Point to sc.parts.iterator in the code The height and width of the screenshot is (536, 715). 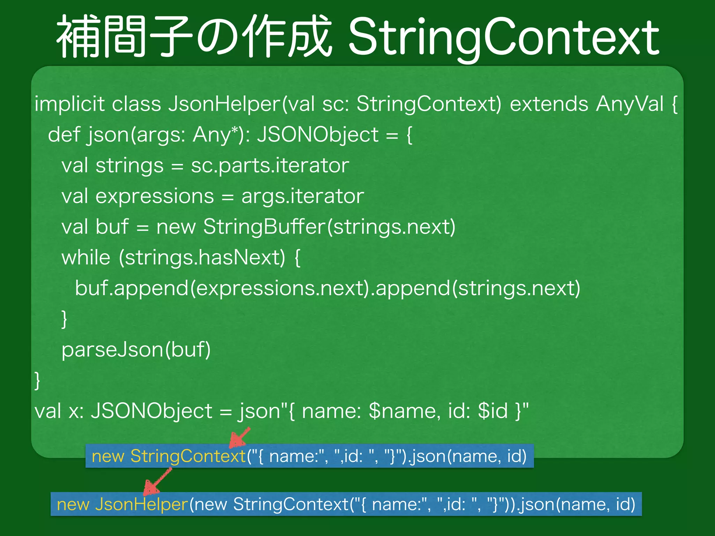[x=270, y=165]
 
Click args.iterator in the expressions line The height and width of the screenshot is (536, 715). [x=303, y=196]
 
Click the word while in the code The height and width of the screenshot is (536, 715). [x=86, y=258]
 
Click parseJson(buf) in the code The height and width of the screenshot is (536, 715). [x=136, y=350]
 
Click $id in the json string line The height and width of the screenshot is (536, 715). [x=493, y=411]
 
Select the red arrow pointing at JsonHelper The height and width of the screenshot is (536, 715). [x=157, y=483]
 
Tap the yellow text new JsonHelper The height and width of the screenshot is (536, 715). [x=122, y=504]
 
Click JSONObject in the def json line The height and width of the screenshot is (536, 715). [x=318, y=135]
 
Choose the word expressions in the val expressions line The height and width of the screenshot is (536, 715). [x=155, y=196]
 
